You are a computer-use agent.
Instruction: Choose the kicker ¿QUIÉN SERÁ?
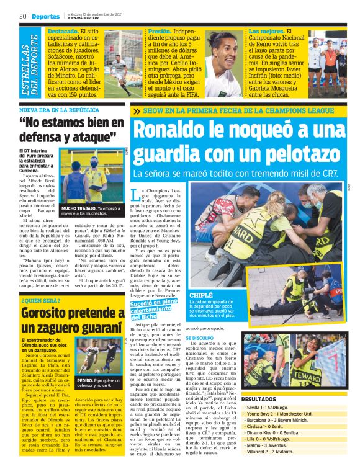39,301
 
